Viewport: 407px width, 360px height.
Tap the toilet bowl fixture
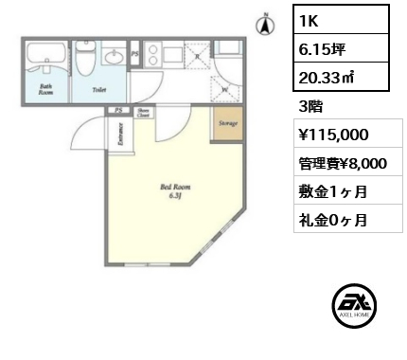point(86,63)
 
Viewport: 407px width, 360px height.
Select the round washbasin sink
point(115,58)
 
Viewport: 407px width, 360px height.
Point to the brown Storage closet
point(226,124)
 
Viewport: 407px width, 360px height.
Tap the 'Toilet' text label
point(98,91)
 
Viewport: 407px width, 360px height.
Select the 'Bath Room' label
point(44,91)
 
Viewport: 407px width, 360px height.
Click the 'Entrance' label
point(120,135)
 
